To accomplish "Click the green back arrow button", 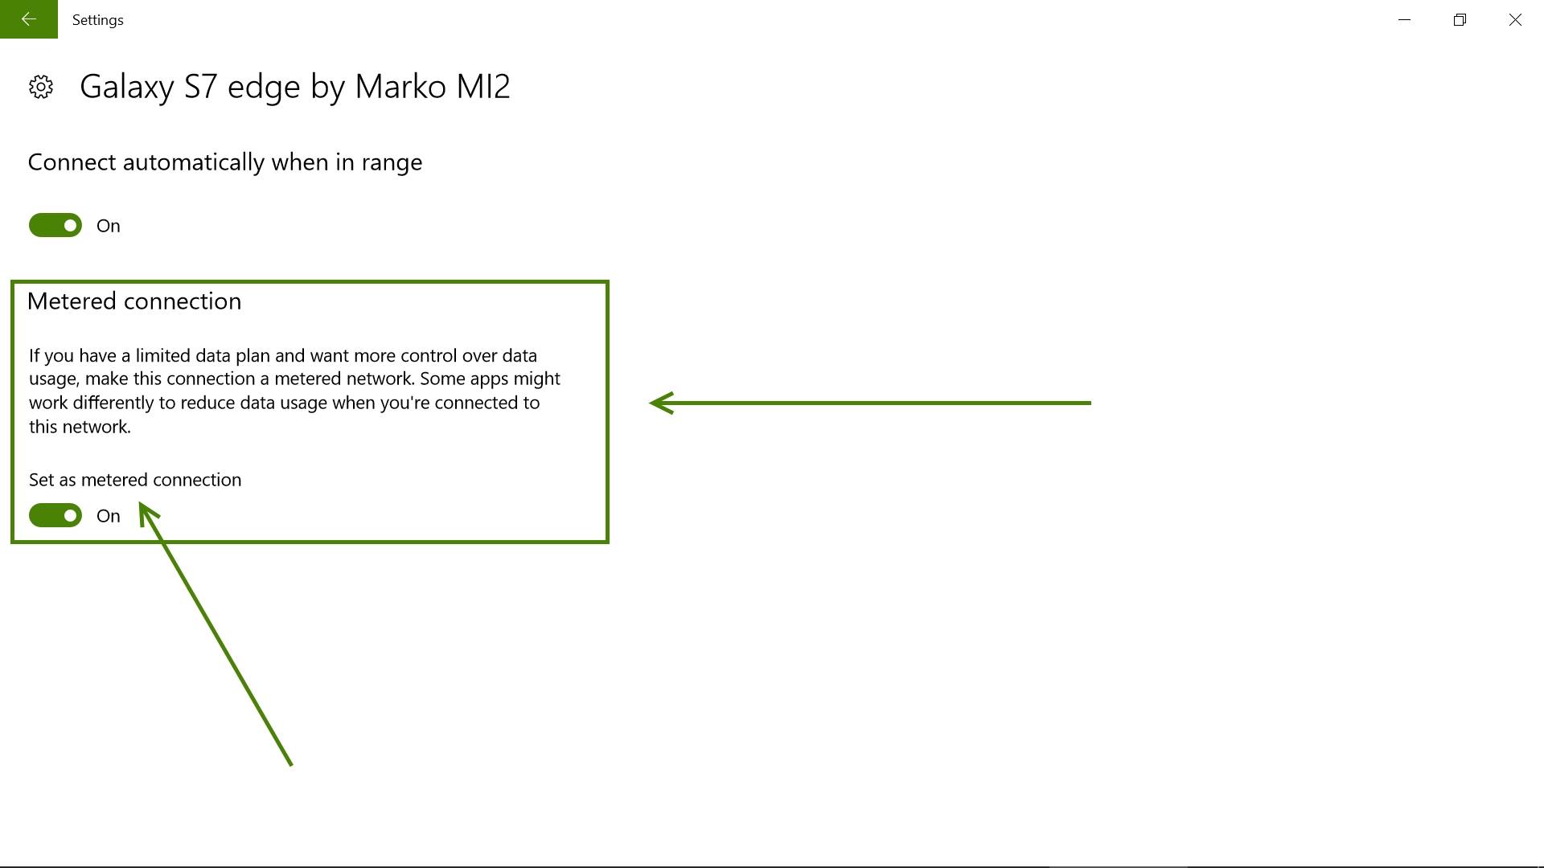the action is coord(29,19).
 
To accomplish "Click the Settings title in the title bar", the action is coord(97,20).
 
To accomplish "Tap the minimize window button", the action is coord(1405,19).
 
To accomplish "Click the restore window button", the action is coord(1460,19).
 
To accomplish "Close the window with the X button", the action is coord(1515,19).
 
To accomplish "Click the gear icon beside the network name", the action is coord(41,87).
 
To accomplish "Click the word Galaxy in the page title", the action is coord(127,87).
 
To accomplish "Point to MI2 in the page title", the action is coord(483,87).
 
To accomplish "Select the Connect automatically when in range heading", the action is coord(225,162).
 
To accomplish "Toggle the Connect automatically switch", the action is coord(55,225).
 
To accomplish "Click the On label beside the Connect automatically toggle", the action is coord(109,226).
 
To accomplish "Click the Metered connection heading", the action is coord(134,301).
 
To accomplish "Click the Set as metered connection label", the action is coord(135,480).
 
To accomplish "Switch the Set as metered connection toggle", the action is coord(55,515).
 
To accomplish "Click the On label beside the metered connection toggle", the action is coord(109,516).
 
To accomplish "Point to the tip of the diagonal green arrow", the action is coord(141,503).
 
